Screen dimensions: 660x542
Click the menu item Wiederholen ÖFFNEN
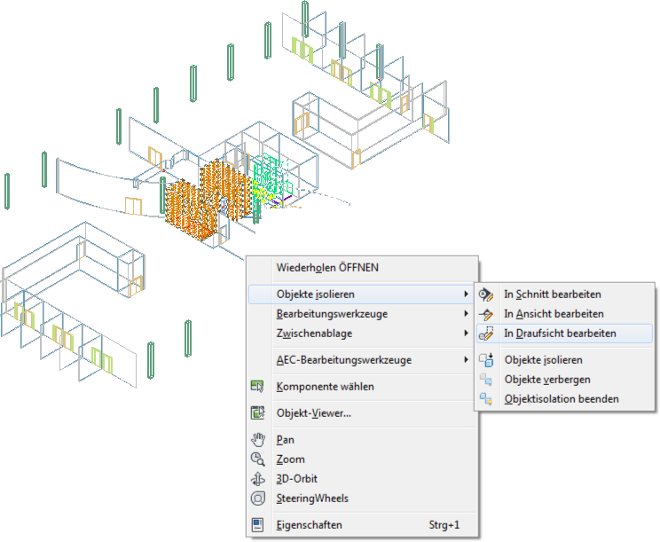point(327,268)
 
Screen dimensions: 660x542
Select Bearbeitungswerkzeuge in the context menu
point(332,314)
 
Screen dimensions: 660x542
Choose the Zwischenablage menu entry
point(314,334)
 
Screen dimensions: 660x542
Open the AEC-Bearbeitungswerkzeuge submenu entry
point(344,360)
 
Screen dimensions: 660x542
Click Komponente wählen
point(325,386)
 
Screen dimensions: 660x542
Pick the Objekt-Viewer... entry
point(313,413)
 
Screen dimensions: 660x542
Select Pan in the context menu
point(285,440)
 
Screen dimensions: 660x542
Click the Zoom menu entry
point(290,460)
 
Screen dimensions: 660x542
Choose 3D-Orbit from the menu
point(297,479)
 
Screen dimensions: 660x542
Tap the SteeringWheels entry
point(312,499)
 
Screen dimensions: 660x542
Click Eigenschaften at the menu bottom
point(309,525)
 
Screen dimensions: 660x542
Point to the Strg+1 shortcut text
point(444,525)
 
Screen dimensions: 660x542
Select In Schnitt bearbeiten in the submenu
point(553,295)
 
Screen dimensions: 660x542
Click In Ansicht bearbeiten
point(554,314)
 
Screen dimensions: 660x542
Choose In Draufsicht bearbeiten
point(560,334)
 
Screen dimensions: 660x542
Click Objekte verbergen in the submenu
point(547,380)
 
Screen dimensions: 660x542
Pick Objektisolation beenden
point(562,399)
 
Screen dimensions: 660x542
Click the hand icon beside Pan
point(257,440)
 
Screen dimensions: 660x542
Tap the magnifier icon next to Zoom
point(257,460)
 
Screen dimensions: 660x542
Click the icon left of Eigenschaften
point(257,525)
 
